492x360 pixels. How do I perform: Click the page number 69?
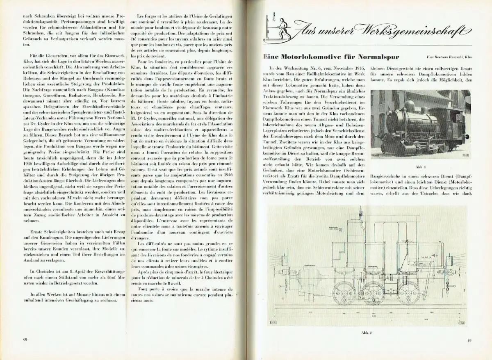(x=469, y=339)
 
